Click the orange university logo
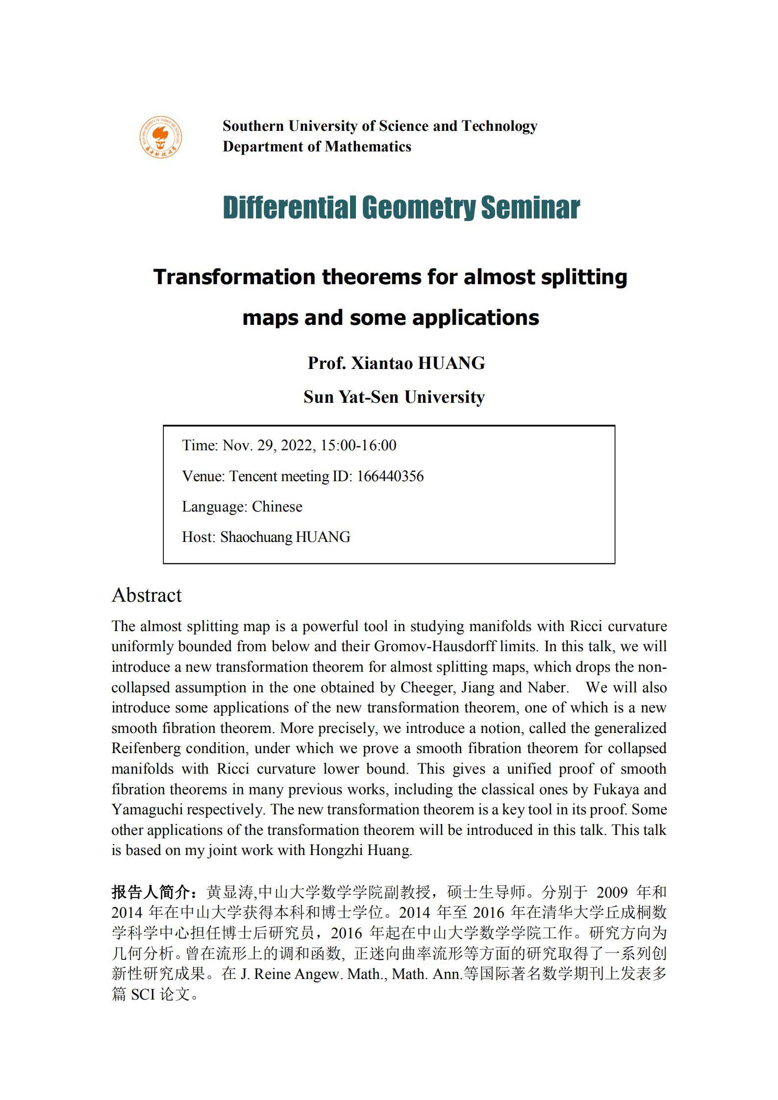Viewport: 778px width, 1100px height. click(160, 137)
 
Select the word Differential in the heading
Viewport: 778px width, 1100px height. click(289, 207)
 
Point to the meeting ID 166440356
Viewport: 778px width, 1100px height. click(390, 476)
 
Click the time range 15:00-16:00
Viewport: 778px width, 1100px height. click(358, 445)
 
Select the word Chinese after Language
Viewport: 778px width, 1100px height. click(277, 507)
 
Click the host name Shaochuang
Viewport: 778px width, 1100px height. click(256, 537)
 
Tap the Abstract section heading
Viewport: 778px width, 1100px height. click(147, 595)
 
